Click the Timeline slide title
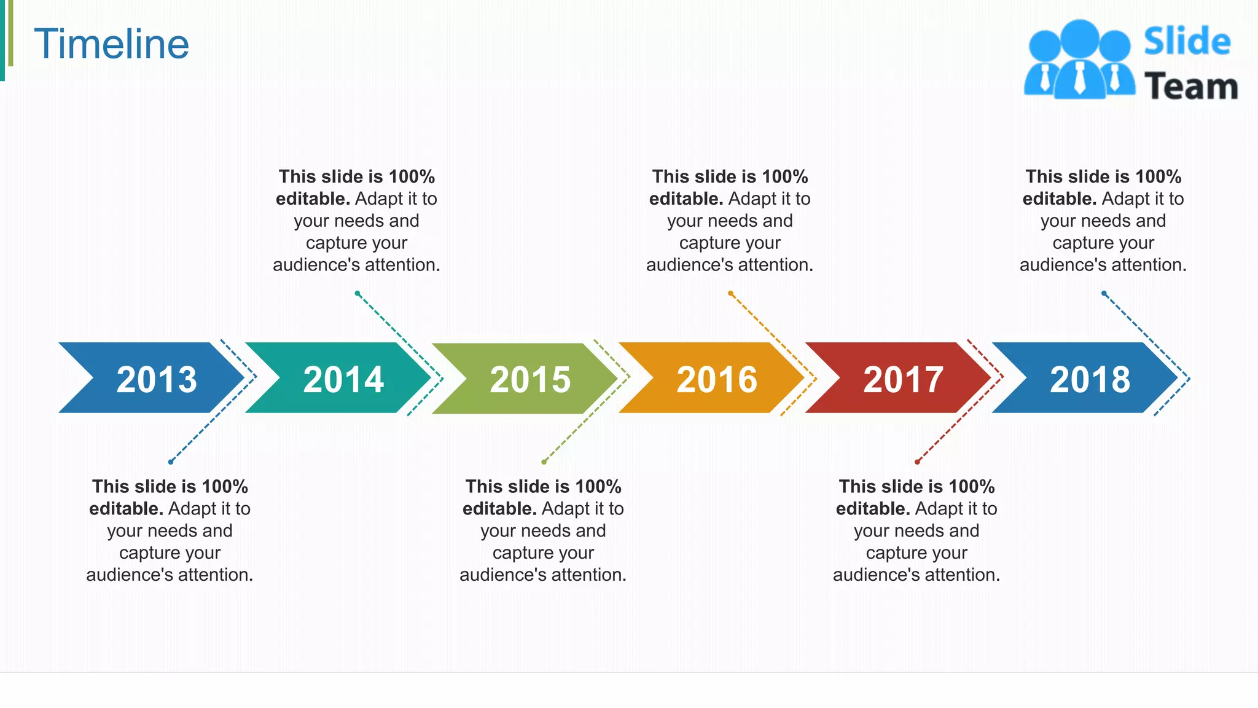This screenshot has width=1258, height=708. (111, 44)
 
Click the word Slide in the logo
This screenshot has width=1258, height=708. (1187, 42)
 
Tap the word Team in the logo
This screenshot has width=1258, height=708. (1191, 87)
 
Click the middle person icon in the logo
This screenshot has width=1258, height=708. (1079, 58)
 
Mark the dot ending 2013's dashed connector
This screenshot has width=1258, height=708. (171, 462)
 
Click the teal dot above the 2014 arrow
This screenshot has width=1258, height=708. (357, 293)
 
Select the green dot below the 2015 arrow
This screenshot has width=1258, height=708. (544, 462)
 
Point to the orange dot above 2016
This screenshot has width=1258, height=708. (730, 293)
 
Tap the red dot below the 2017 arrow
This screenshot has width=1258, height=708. (917, 462)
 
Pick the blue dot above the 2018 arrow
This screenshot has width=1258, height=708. (1104, 293)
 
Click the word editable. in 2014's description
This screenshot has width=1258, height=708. (313, 199)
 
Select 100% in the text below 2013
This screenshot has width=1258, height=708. (225, 487)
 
